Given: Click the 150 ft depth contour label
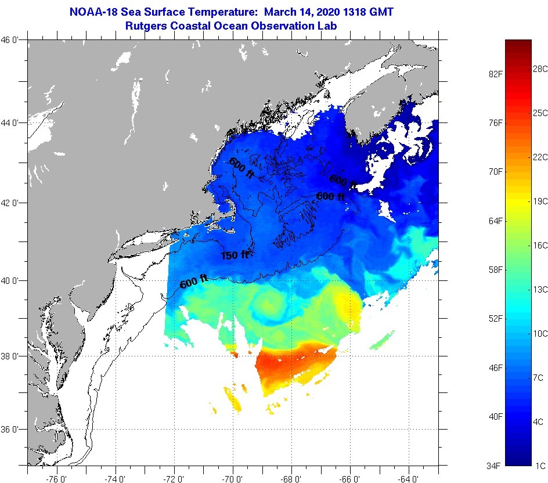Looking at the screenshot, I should pyautogui.click(x=235, y=255).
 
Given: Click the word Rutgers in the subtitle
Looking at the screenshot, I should pyautogui.click(x=145, y=26).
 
